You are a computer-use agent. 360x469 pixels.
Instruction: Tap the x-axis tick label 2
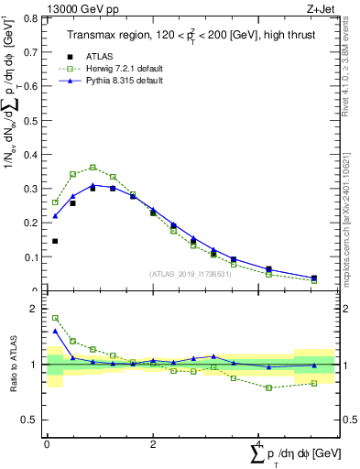point(153,444)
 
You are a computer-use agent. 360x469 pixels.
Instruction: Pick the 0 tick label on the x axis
point(47,444)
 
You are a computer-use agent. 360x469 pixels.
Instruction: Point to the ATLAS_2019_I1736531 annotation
point(190,274)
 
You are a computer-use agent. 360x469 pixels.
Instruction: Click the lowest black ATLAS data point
point(55,241)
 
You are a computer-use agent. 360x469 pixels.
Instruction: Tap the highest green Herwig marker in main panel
point(93,168)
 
